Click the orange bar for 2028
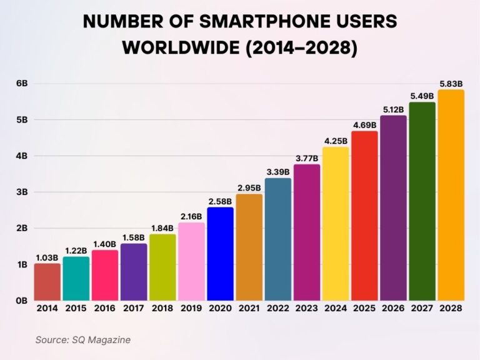click(x=451, y=195)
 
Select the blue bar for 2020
click(x=220, y=254)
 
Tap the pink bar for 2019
click(x=191, y=261)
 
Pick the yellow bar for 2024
click(x=336, y=224)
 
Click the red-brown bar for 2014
click(x=47, y=282)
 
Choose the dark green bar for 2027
click(x=422, y=201)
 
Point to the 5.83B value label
click(x=451, y=84)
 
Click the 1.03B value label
click(x=47, y=257)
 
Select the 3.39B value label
click(x=277, y=172)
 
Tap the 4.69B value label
click(x=364, y=125)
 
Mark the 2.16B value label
click(x=191, y=216)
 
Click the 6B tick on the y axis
click(x=21, y=83)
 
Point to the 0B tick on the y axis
click(x=21, y=301)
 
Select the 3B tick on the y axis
click(x=21, y=192)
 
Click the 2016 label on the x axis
click(x=105, y=308)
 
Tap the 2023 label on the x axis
click(x=306, y=308)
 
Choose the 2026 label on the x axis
click(x=393, y=308)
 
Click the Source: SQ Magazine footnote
click(x=82, y=339)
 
